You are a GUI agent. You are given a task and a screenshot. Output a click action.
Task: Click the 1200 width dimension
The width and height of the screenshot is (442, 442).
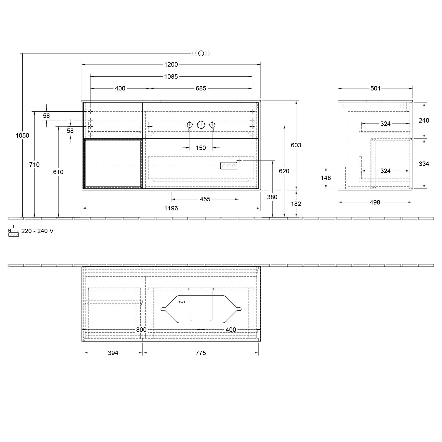tap(171, 65)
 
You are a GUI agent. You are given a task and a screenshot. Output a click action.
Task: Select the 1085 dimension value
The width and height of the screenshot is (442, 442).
tap(171, 77)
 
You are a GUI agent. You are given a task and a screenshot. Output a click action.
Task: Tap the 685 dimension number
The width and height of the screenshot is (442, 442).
tap(201, 88)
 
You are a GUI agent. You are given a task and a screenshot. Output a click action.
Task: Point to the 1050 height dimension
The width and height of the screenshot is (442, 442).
tap(22, 136)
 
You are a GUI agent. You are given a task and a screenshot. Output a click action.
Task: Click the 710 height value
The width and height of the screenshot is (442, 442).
tap(34, 165)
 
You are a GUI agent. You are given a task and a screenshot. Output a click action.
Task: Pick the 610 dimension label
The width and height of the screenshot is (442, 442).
tap(58, 172)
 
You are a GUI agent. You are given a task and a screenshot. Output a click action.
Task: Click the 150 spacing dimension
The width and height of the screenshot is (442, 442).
tap(201, 148)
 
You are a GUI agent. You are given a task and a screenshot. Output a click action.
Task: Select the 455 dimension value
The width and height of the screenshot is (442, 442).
tap(205, 199)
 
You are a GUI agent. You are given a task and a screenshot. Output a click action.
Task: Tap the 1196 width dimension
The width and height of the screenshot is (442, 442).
tap(171, 208)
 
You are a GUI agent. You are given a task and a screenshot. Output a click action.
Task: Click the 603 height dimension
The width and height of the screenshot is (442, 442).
tap(296, 145)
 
